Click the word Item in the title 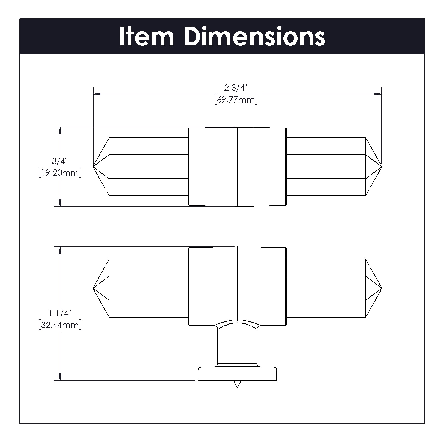pos(146,37)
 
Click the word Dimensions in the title pos(255,37)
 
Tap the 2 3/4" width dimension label pos(236,88)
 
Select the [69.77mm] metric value pos(236,99)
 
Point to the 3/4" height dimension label pos(60,161)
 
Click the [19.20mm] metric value pos(60,173)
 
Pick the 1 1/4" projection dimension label pos(60,313)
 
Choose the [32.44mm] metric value pos(60,325)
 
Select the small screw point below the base pos(237,384)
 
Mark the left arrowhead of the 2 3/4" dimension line pos(97,94)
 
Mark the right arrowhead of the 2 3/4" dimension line pos(378,94)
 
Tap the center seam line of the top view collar pos(237,167)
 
